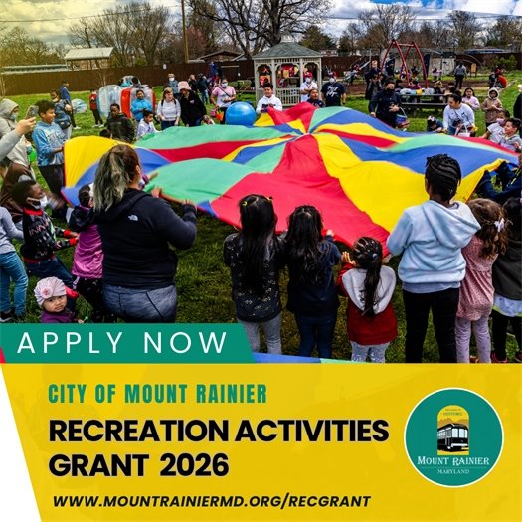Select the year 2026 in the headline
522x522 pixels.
click(x=194, y=463)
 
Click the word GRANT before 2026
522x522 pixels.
click(x=95, y=463)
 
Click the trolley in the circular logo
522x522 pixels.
click(x=452, y=435)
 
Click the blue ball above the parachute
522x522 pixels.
click(x=240, y=113)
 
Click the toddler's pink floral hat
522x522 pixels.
click(x=49, y=289)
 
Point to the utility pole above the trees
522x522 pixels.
click(x=184, y=30)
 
